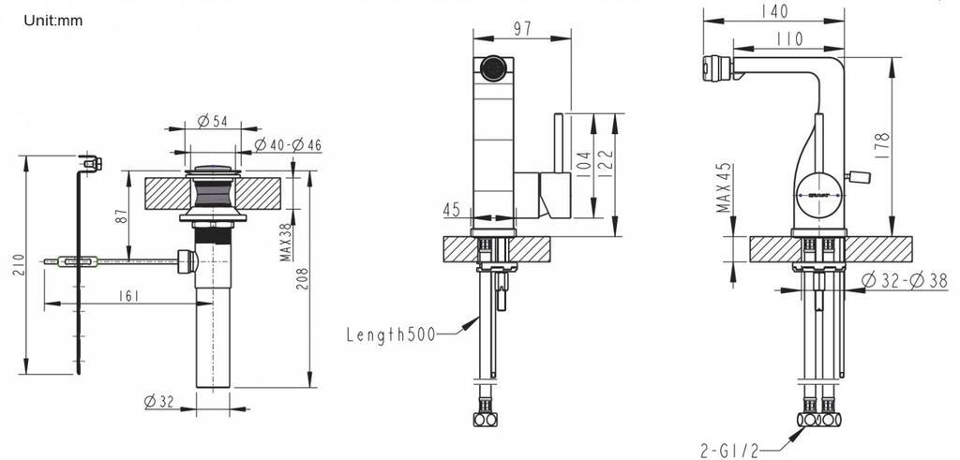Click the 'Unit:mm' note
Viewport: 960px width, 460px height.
pos(53,21)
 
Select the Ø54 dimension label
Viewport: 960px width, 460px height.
pos(213,121)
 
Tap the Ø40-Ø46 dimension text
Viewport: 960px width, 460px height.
pos(288,145)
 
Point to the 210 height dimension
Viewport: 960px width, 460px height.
pos(19,264)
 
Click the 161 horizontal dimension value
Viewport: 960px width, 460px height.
pos(129,296)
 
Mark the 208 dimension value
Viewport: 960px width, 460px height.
pos(303,278)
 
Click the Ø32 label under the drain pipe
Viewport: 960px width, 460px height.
pos(159,402)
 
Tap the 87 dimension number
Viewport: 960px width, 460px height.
pos(122,215)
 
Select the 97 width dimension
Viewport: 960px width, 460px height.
pos(522,29)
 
